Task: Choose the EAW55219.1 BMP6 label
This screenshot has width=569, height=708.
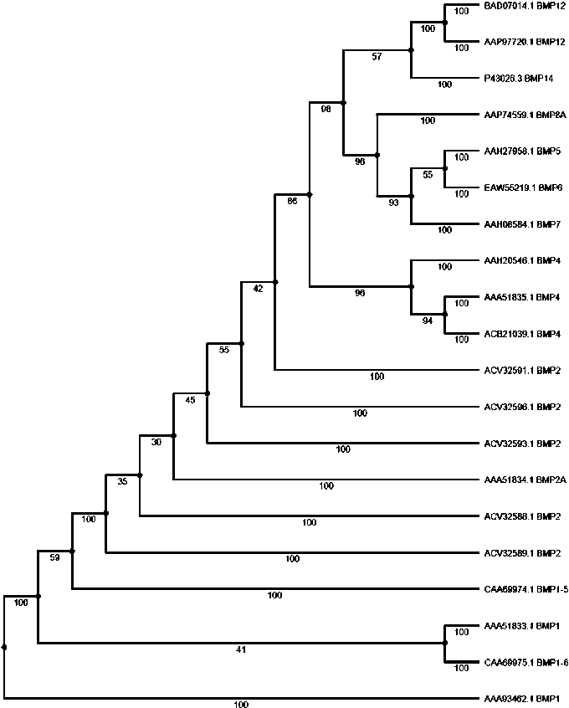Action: click(520, 188)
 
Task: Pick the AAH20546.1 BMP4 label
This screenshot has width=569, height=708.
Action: click(520, 261)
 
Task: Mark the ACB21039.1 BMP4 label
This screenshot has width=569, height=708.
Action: click(520, 334)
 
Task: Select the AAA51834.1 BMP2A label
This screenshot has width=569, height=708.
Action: click(522, 480)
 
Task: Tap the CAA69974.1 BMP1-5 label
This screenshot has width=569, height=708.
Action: click(525, 589)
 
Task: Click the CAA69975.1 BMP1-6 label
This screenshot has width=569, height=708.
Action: click(525, 662)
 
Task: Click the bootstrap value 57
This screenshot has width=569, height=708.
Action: click(377, 58)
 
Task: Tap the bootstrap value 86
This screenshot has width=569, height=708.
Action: click(292, 202)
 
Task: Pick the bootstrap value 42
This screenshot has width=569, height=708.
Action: click(258, 288)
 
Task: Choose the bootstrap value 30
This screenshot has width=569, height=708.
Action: click(156, 443)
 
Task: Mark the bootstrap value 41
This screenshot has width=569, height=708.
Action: click(241, 649)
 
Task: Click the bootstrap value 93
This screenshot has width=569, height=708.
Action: click(393, 203)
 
